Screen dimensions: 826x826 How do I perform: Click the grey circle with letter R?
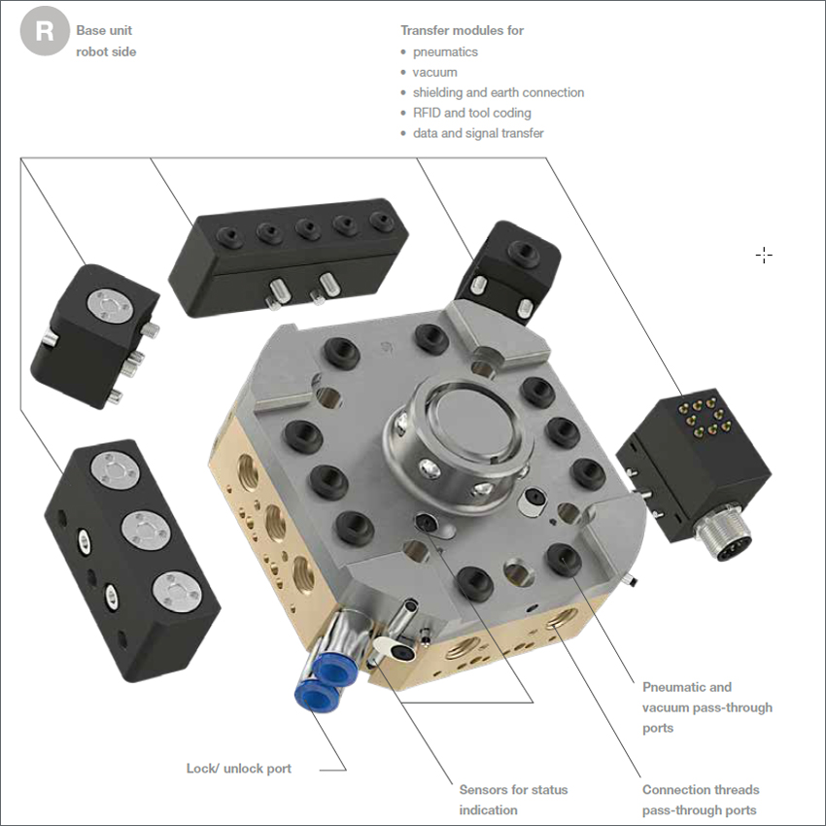tap(45, 31)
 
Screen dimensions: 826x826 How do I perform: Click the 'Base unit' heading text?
tap(104, 30)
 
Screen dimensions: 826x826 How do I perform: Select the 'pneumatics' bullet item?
tap(445, 52)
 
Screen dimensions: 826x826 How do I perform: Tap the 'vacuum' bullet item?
tap(434, 72)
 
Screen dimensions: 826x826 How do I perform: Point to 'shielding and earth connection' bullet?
tap(499, 92)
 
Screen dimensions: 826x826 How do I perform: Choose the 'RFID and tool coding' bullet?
tap(472, 113)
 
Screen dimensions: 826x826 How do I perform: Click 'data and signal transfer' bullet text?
tap(478, 133)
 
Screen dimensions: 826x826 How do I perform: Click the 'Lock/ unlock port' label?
tap(239, 769)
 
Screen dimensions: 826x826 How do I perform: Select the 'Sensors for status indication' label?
tap(513, 800)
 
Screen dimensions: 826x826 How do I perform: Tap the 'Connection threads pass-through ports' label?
tap(701, 800)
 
